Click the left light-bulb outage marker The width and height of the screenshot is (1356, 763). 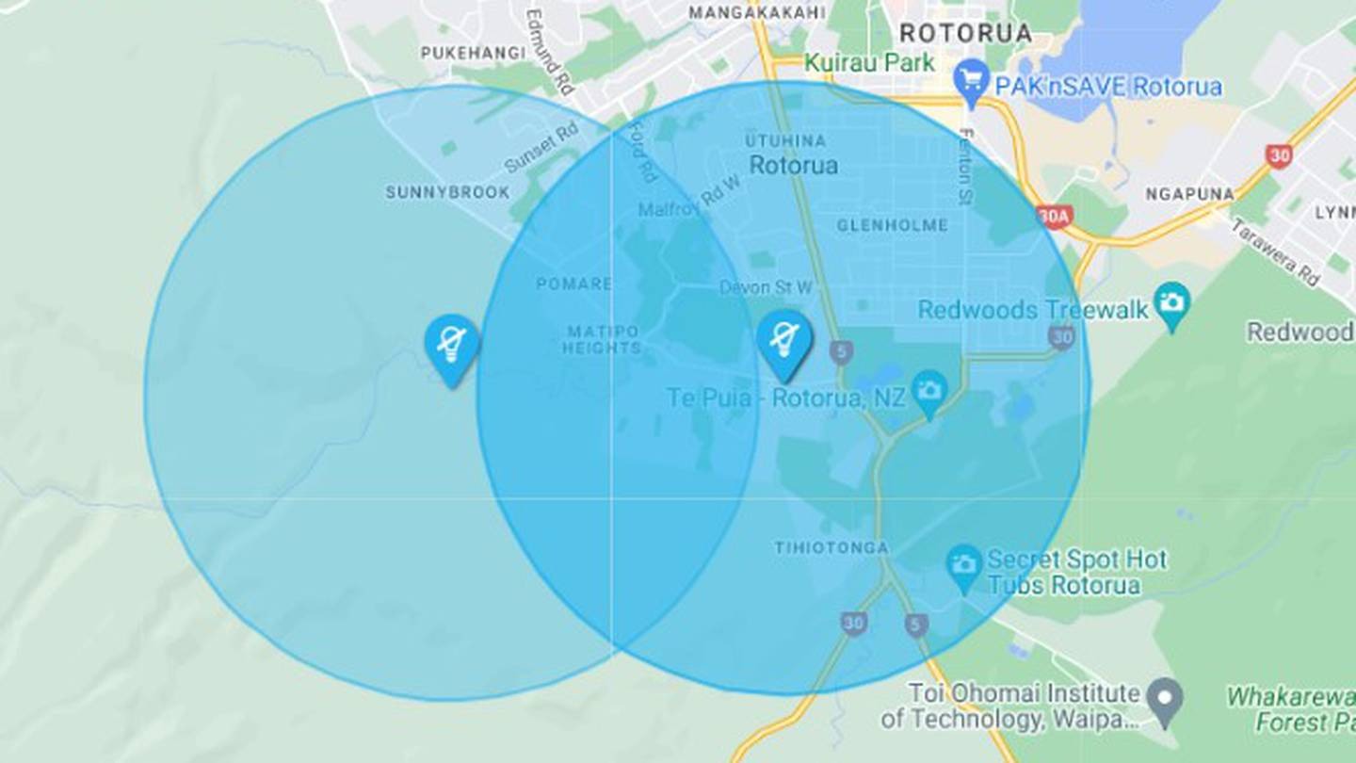point(451,345)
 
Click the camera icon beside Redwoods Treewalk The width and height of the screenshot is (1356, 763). point(1172,303)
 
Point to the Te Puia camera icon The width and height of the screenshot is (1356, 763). point(929,391)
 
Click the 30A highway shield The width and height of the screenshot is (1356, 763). point(1055,217)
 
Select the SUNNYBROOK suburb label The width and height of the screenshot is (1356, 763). point(447,192)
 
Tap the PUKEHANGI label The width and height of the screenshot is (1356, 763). point(473,54)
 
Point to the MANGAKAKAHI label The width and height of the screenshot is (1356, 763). point(757,13)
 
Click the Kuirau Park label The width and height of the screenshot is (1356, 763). point(868,63)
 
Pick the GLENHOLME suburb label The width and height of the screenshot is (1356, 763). point(892,225)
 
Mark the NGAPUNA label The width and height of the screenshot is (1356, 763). point(1189,194)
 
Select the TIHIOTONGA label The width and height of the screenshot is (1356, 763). point(831,547)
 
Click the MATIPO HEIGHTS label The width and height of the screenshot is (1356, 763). point(602,339)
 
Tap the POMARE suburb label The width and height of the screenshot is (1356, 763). point(573,284)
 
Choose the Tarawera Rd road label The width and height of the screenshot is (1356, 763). point(1275,253)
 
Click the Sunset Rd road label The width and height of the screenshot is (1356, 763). point(541,149)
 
